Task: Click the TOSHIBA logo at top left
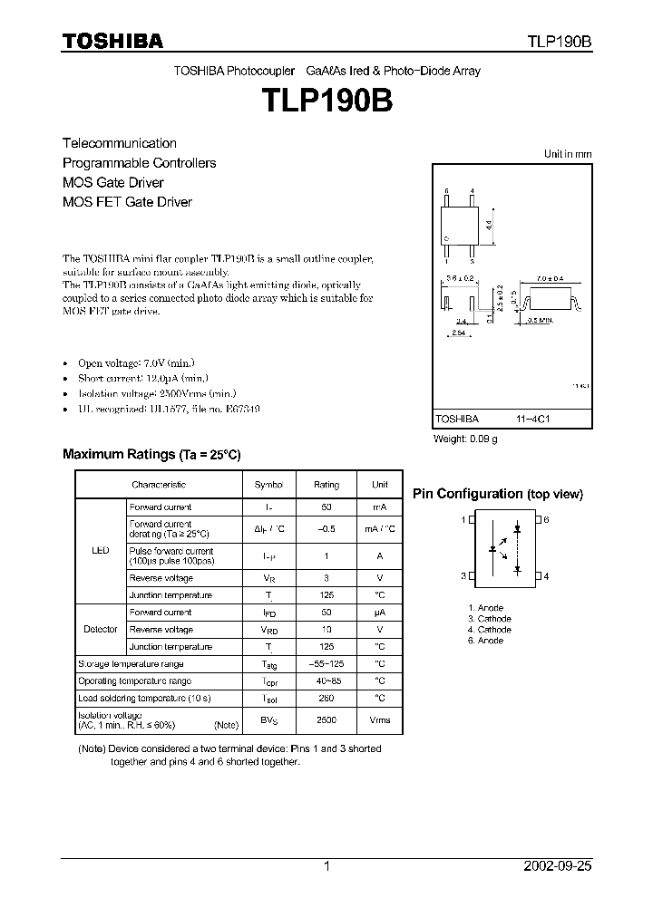pos(112,41)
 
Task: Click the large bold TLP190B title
pos(326,100)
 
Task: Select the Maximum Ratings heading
pos(151,454)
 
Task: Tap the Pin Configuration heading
pos(497,494)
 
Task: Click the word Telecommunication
pos(119,143)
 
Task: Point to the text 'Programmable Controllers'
pos(139,163)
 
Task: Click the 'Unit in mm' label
pos(567,155)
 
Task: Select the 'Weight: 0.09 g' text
pos(465,439)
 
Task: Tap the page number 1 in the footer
pos(326,866)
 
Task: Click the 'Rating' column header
pos(326,485)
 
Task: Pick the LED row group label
pos(101,550)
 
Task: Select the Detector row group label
pos(101,629)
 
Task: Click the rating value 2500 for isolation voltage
pos(326,719)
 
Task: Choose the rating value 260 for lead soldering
pos(326,698)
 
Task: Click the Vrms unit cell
pos(379,719)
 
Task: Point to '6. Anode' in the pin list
pos(485,641)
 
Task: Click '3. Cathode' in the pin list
pos(489,619)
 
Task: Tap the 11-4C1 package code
pos(528,420)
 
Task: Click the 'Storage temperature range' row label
pos(132,664)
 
